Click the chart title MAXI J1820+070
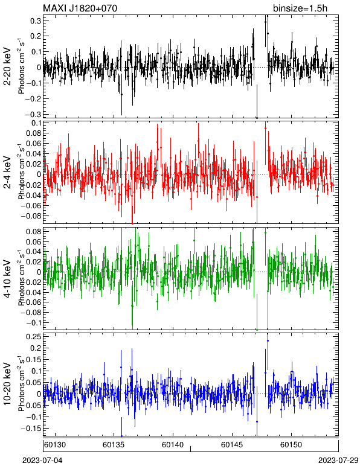[x=80, y=8]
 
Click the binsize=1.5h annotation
[x=300, y=8]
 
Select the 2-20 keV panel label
[x=7, y=66]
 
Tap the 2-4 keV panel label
[x=7, y=173]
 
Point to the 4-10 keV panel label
[x=7, y=279]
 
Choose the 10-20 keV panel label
[x=7, y=384]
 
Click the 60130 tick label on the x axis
[x=55, y=445]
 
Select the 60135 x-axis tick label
[x=114, y=445]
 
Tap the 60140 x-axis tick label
[x=173, y=445]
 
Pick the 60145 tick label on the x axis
[x=232, y=445]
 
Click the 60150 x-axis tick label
[x=291, y=445]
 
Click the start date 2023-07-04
[x=42, y=461]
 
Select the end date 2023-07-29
[x=338, y=461]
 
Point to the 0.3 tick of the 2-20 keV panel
[x=36, y=20]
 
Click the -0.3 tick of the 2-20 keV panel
[x=34, y=114]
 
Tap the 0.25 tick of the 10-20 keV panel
[x=34, y=336]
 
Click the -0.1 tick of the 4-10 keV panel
[x=34, y=322]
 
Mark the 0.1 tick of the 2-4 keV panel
[x=36, y=123]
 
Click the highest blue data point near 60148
[x=268, y=340]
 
